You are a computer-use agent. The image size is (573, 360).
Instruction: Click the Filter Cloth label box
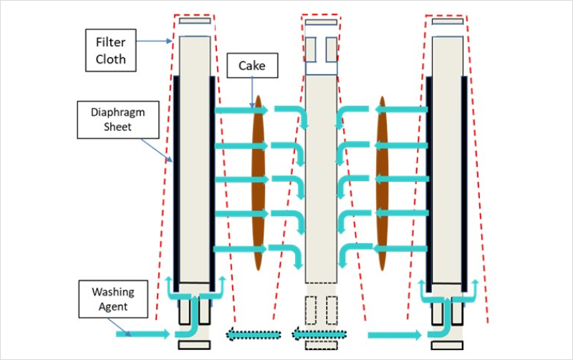[111, 49]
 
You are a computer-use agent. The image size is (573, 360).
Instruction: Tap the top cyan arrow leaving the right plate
[398, 109]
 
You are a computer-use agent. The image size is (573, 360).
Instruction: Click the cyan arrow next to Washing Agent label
[143, 334]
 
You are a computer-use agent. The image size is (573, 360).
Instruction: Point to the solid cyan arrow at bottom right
[395, 334]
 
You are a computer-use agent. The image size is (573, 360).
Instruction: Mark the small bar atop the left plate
[195, 21]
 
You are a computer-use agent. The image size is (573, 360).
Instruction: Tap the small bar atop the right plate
[448, 21]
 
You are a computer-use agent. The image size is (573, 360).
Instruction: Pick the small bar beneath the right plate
[448, 345]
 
